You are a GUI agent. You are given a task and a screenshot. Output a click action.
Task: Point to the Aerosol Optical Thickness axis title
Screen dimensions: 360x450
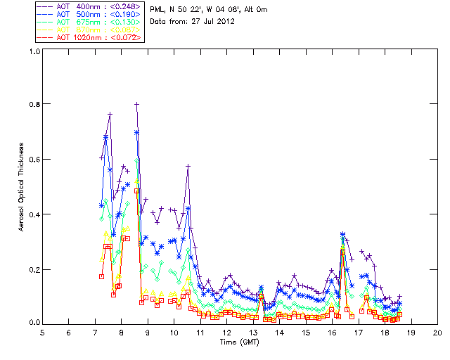pyautogui.click(x=22, y=186)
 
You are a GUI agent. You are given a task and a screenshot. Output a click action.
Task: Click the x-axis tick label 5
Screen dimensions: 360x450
pyautogui.click(x=42, y=332)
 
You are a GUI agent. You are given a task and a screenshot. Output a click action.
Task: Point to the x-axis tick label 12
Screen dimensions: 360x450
pyautogui.click(x=226, y=332)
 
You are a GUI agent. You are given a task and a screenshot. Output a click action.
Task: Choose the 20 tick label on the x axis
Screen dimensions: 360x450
pyautogui.click(x=437, y=332)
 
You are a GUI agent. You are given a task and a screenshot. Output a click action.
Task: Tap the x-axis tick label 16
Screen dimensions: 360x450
pyautogui.click(x=332, y=332)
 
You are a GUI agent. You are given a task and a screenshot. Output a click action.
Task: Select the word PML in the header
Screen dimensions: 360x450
pyautogui.click(x=157, y=8)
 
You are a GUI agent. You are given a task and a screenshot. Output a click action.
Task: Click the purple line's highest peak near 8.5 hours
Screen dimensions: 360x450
pyautogui.click(x=137, y=104)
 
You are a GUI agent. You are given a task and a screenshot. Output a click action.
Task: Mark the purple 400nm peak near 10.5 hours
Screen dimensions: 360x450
pyautogui.click(x=188, y=166)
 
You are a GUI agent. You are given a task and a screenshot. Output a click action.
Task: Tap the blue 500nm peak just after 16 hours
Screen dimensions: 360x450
pyautogui.click(x=342, y=234)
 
